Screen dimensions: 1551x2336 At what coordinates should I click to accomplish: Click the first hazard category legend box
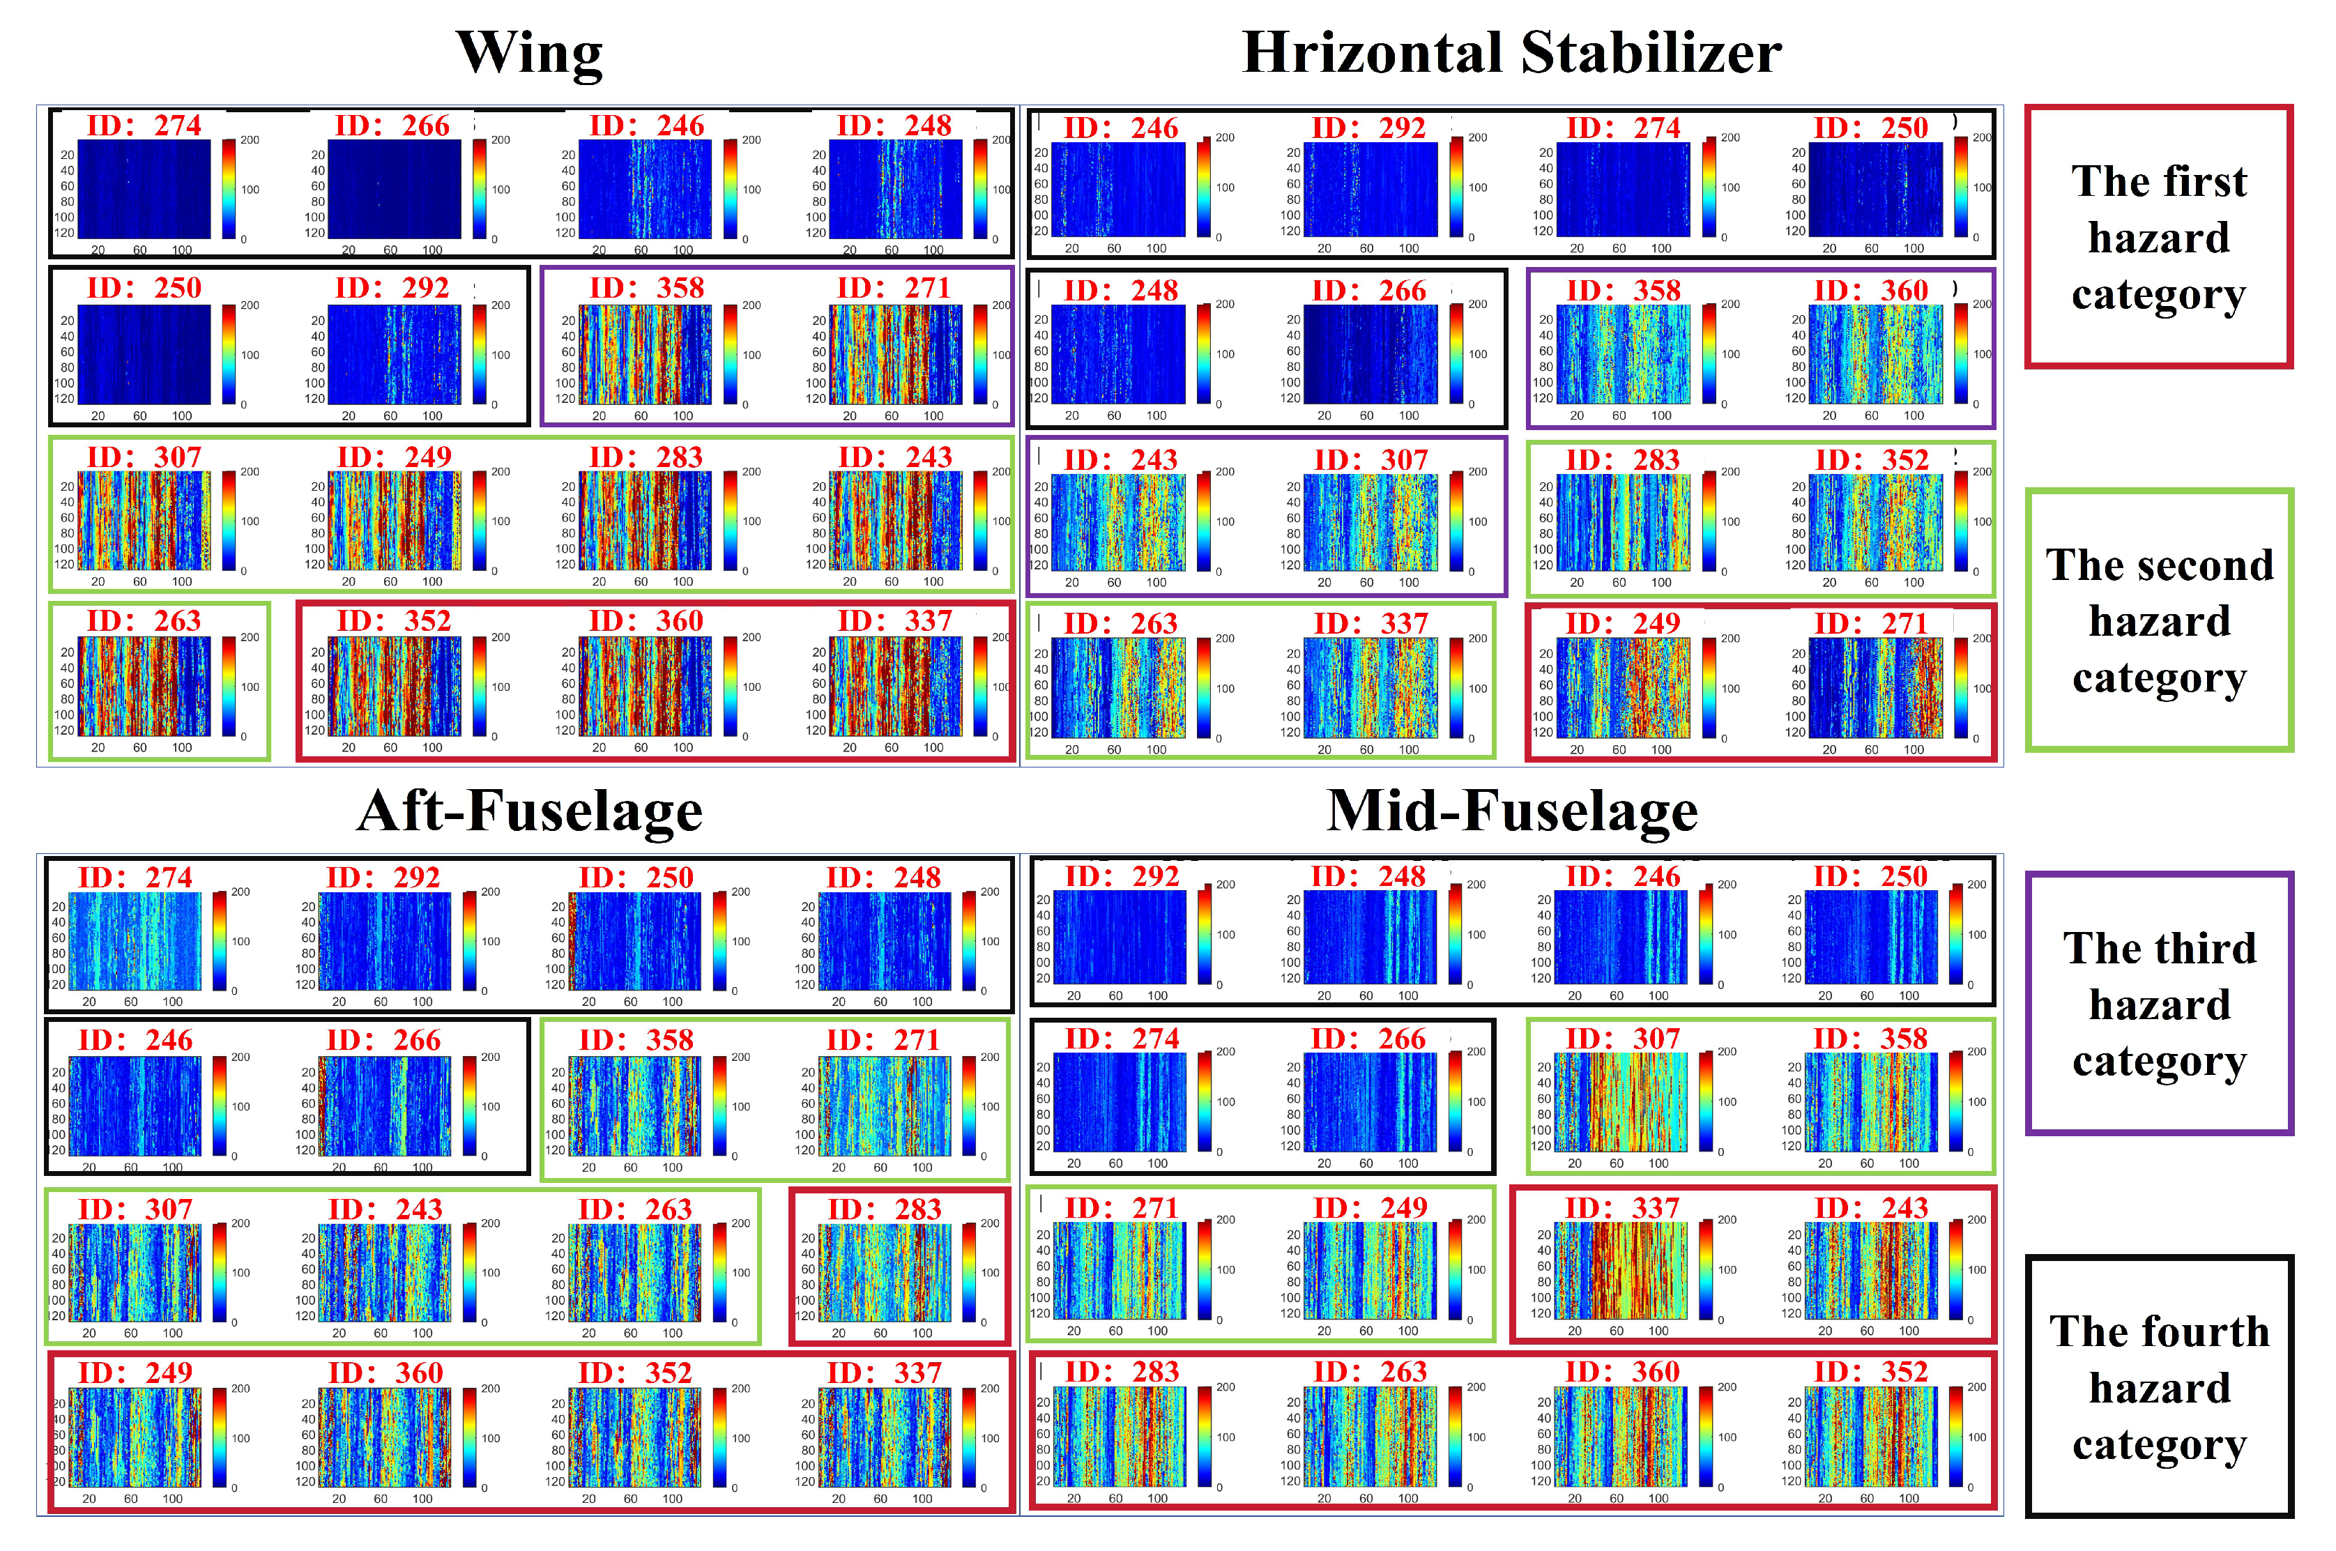[2158, 238]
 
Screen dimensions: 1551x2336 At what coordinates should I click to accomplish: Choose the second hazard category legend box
[2158, 620]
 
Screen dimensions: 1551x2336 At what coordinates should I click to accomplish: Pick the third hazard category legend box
[2158, 1003]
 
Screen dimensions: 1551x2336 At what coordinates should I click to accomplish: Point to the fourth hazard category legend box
[2158, 1386]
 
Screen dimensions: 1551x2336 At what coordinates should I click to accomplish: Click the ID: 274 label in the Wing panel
[144, 125]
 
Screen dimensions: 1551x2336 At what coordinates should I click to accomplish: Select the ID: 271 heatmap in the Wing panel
[895, 354]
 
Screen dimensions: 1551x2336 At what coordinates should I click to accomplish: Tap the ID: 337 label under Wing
[894, 621]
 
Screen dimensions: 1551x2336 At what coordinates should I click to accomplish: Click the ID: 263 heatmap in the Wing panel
[144, 685]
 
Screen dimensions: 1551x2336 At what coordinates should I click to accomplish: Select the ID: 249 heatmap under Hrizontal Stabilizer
[1623, 687]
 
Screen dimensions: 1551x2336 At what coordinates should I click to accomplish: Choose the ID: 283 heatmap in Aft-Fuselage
[884, 1272]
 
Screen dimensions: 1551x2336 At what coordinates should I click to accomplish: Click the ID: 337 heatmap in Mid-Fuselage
[1621, 1270]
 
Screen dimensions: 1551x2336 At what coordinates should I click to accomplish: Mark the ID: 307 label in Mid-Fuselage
[1622, 1039]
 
